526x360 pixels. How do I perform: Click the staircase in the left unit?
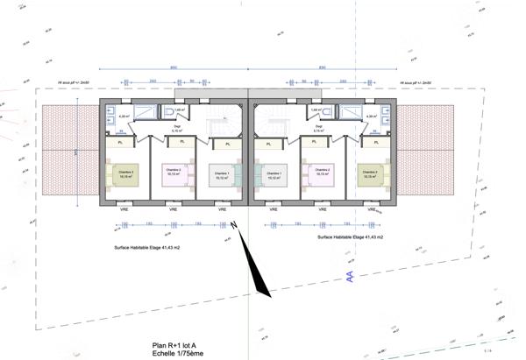click(x=217, y=128)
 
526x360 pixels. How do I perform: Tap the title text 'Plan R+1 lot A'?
click(x=177, y=345)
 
